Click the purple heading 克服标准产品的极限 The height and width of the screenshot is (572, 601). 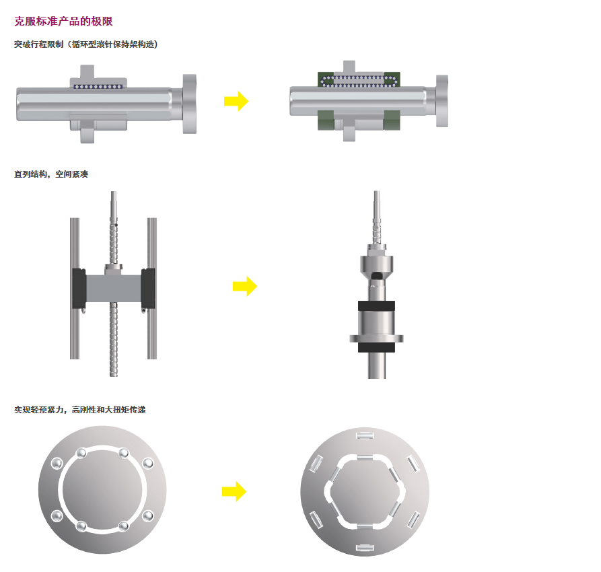coord(64,21)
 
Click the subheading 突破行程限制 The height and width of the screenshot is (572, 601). coord(39,44)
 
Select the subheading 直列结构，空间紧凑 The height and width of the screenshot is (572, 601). coord(51,174)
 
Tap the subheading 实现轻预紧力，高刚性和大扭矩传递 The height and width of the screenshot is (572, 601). coord(80,410)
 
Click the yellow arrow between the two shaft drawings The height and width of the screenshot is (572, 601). coord(236,101)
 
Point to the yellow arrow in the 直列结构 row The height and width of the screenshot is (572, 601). coord(245,286)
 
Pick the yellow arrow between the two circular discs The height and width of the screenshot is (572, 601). coord(234,491)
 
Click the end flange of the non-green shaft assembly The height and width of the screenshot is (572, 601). coord(189,104)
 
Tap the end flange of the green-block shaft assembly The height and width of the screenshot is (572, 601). coord(442,101)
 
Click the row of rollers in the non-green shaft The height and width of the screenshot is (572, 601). coord(98,87)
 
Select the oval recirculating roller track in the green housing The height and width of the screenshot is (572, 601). coord(359,81)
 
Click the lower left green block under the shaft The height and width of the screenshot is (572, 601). coord(326,120)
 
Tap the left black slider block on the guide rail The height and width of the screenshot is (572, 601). coord(79,288)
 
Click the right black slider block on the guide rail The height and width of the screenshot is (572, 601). coord(148,288)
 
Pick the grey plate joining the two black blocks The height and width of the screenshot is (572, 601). coord(114,288)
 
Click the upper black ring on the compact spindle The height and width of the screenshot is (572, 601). coord(376,306)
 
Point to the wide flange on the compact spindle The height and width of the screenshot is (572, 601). coord(376,338)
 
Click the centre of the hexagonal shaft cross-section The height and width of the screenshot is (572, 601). coord(365,491)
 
